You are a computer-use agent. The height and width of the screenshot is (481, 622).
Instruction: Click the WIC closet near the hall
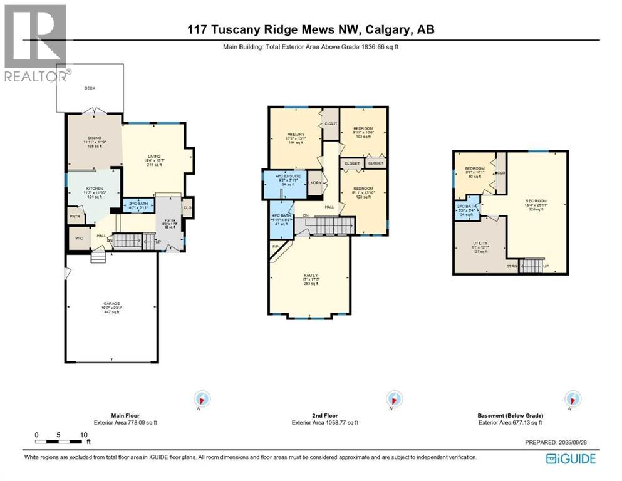[79, 238]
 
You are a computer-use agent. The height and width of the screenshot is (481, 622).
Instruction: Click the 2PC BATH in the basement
[467, 209]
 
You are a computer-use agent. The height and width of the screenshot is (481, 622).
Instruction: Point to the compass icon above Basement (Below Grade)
[571, 399]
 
